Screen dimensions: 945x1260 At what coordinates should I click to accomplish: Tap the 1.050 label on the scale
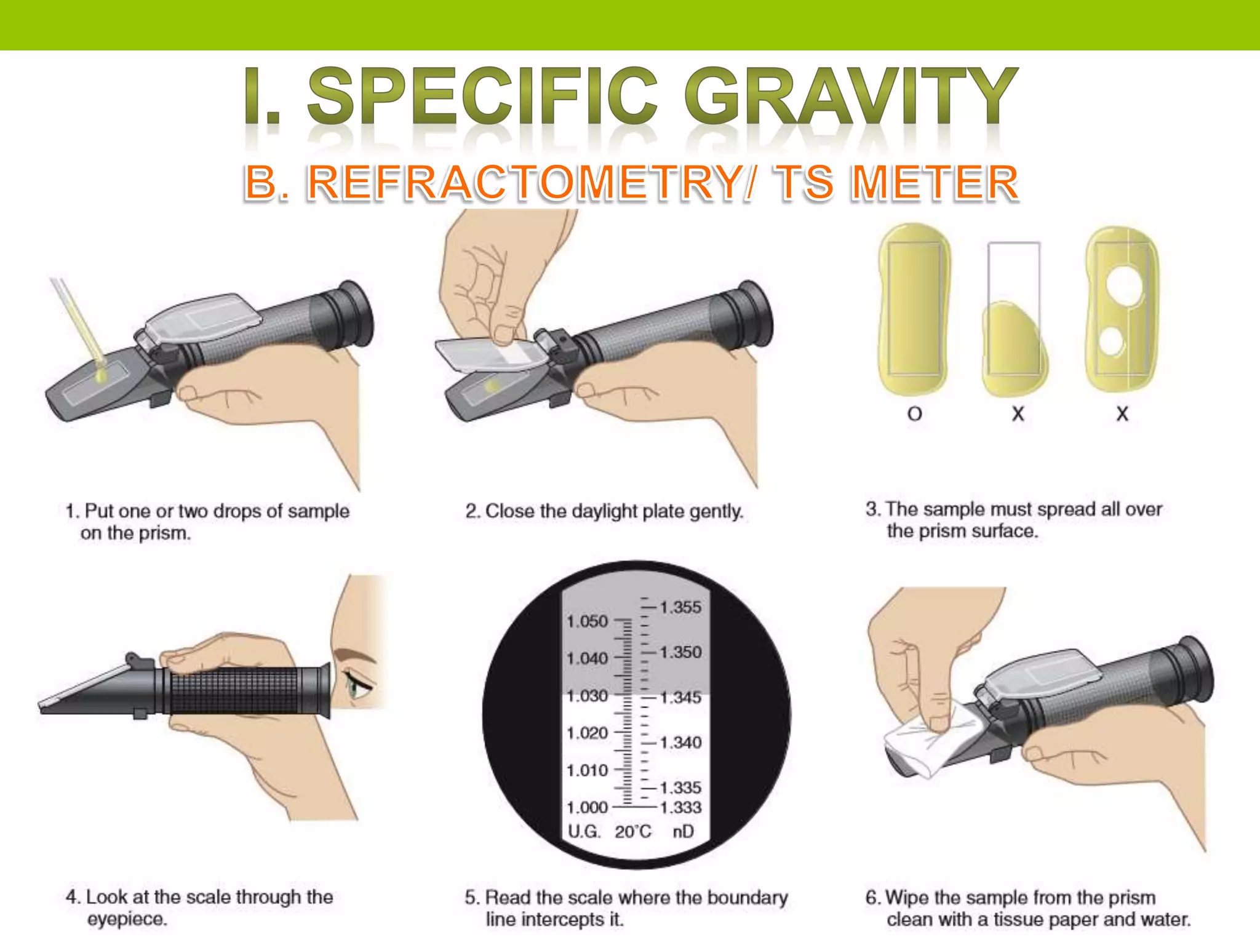(587, 621)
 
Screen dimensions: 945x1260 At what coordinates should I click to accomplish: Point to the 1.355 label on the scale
(680, 607)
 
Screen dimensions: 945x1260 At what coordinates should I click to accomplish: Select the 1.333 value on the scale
(680, 807)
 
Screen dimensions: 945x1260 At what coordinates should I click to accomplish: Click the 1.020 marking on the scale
(587, 733)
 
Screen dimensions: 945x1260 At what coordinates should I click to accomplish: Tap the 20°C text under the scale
(632, 832)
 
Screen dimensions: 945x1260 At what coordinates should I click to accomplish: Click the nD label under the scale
(683, 832)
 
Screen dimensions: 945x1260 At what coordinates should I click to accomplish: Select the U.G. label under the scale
(583, 832)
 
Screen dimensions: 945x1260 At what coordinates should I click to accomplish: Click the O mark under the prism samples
(915, 414)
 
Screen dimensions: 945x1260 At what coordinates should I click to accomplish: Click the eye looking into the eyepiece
(356, 684)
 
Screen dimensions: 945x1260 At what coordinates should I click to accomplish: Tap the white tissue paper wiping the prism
(923, 741)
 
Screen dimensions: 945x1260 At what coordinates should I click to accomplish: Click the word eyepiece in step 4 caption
(127, 919)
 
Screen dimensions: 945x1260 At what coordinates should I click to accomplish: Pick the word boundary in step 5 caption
(747, 898)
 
